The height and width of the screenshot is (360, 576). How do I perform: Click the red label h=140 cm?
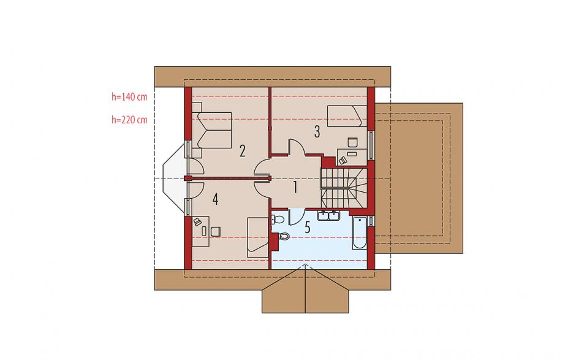[129, 97]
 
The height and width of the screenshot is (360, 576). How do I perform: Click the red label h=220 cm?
[129, 120]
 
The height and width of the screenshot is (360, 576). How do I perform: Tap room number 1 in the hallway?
[295, 188]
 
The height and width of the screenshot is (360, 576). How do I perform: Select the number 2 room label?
[242, 151]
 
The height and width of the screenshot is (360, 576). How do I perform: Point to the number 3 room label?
[317, 131]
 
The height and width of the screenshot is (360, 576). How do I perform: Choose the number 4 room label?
[215, 199]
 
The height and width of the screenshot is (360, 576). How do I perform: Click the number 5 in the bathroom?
[308, 228]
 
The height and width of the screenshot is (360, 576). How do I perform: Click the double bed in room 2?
[212, 130]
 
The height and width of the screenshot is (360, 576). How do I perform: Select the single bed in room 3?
[347, 116]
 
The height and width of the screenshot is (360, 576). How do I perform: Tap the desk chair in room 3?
[353, 142]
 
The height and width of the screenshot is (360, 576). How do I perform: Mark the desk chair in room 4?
[216, 231]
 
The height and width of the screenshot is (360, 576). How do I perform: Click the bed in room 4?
[257, 237]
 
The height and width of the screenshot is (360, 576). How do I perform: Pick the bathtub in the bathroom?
[360, 233]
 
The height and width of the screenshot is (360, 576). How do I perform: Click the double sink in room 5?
[329, 216]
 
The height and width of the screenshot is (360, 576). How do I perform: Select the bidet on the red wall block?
[284, 236]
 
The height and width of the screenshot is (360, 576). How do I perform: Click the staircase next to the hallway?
[344, 188]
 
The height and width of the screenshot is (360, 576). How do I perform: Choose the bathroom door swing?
[297, 216]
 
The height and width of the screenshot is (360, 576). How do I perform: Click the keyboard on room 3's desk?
[352, 153]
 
